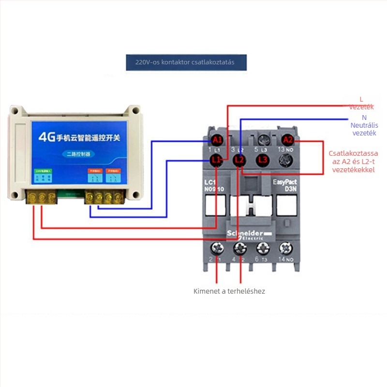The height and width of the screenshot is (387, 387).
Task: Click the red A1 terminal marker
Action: (217, 140)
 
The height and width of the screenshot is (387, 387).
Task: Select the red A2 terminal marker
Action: (288, 140)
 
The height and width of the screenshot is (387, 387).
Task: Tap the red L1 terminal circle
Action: (217, 159)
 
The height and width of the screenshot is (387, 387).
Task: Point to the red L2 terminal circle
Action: (239, 159)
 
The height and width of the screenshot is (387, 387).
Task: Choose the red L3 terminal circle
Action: (263, 159)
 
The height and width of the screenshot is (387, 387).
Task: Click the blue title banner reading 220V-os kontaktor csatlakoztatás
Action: (186, 62)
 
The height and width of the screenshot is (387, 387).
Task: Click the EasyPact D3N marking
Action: (286, 185)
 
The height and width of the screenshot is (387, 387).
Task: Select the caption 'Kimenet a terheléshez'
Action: (229, 291)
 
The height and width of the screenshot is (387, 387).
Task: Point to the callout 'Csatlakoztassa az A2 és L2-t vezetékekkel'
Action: (353, 161)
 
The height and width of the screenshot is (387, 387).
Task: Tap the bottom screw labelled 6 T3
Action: (263, 249)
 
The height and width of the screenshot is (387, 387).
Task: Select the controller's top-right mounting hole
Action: (134, 112)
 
